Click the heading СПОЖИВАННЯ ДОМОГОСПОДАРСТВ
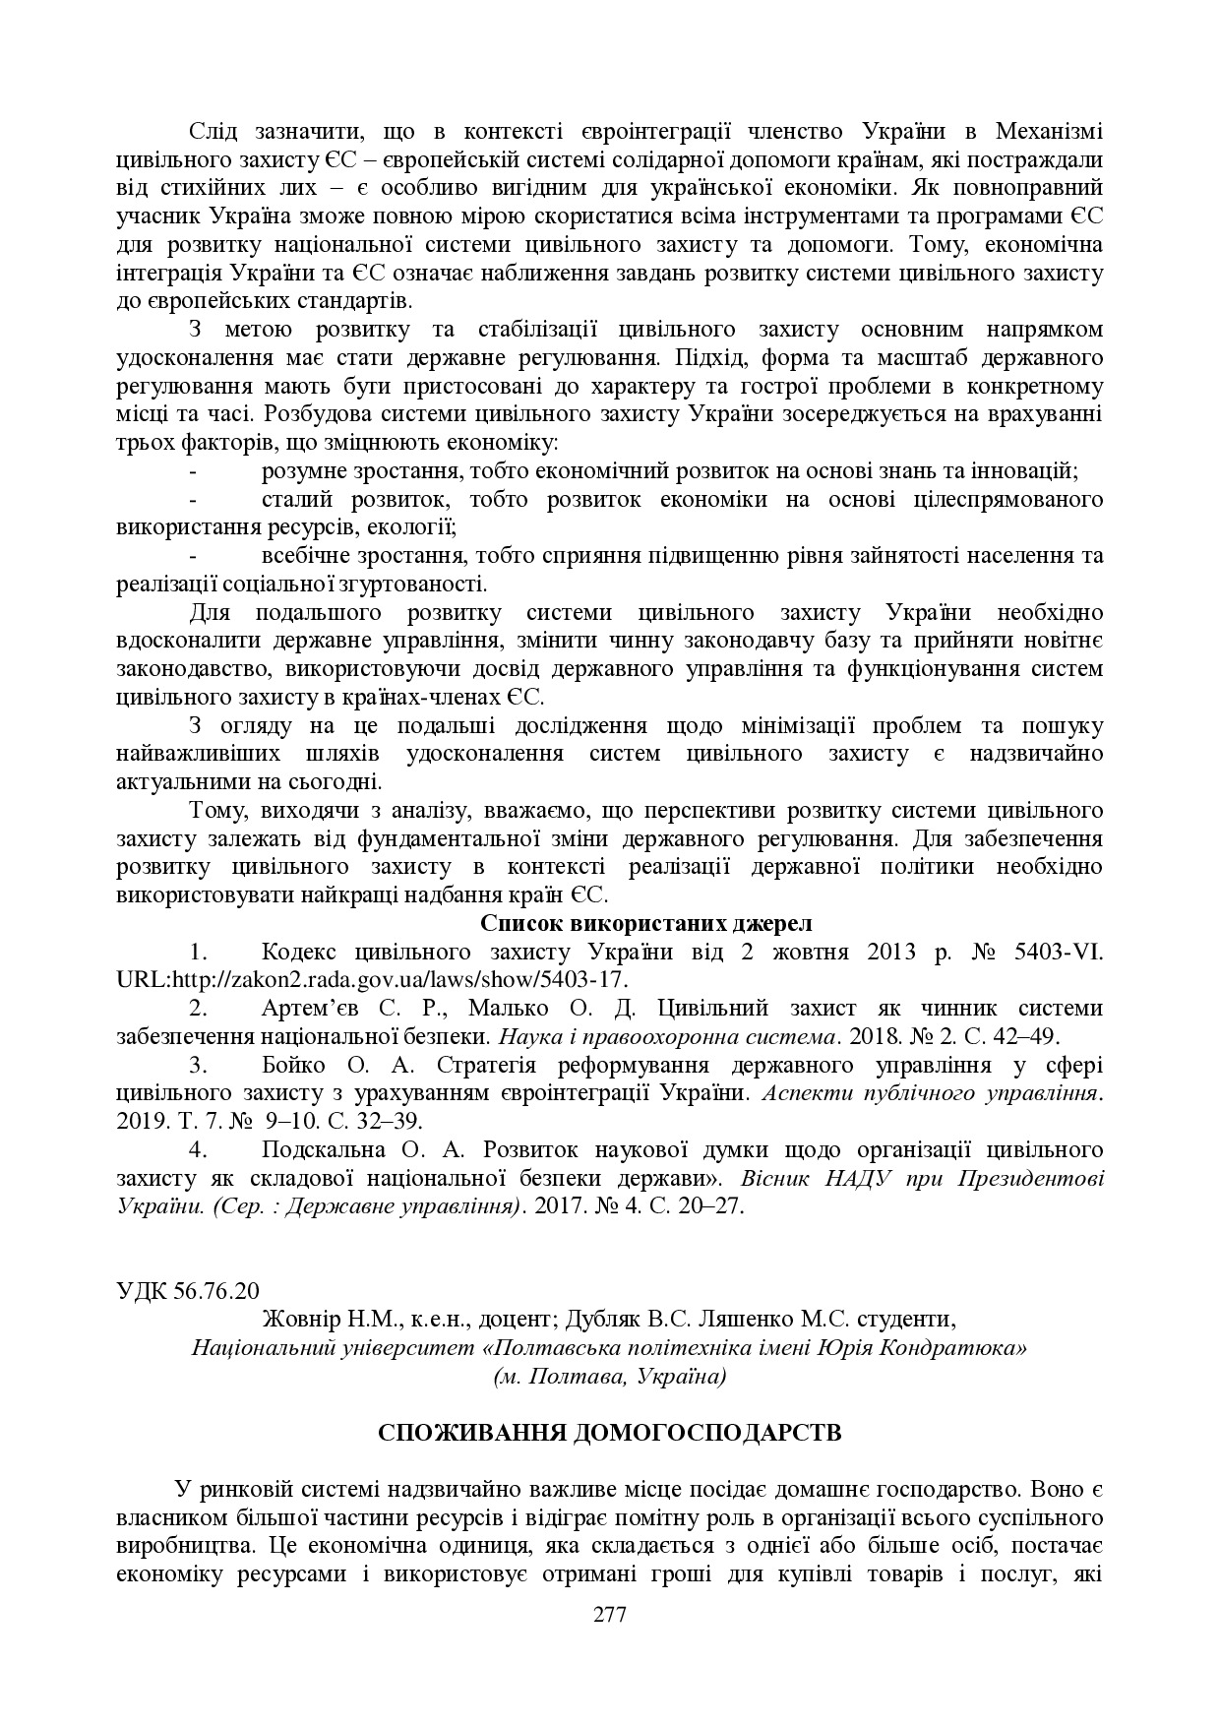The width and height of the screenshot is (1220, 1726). click(x=610, y=1432)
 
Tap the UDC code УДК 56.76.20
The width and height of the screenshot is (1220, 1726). click(x=188, y=1290)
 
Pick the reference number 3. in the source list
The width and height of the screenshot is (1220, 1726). click(x=197, y=1065)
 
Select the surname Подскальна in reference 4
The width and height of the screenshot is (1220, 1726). click(x=321, y=1149)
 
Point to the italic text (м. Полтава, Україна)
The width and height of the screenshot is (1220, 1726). click(x=610, y=1376)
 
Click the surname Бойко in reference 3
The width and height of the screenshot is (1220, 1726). click(x=292, y=1065)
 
